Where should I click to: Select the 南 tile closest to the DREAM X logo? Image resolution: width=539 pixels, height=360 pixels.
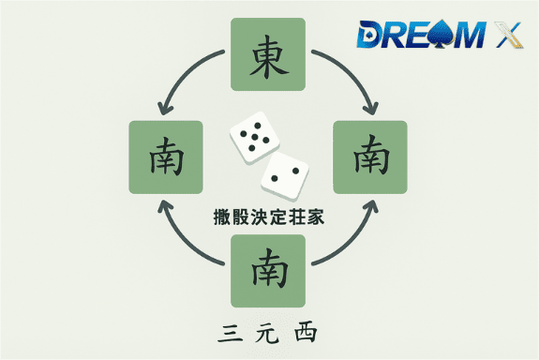(x=370, y=157)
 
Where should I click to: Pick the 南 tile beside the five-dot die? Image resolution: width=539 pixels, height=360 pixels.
(x=166, y=157)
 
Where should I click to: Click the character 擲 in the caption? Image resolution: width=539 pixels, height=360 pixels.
(x=222, y=217)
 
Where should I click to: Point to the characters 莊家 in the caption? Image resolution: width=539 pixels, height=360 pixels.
(x=301, y=217)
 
